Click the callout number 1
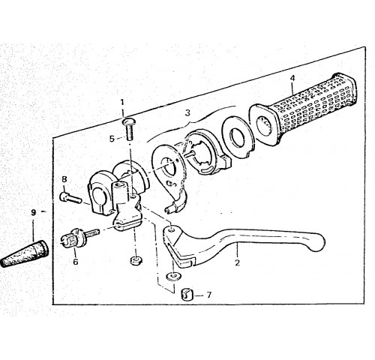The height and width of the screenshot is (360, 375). pos(122,102)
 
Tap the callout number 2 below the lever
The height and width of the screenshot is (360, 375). pos(237,262)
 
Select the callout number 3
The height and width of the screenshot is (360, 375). pos(187,113)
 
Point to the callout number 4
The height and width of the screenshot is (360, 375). pos(292,78)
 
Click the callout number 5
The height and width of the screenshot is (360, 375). pos(112,139)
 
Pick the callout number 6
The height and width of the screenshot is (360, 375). pos(76,262)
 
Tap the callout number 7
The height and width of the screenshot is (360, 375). pos(209,295)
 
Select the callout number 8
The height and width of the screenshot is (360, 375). pos(64,179)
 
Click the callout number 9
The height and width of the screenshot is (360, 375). pos(33,212)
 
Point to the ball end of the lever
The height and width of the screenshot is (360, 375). pos(316,242)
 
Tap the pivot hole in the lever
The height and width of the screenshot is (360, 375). pos(171,229)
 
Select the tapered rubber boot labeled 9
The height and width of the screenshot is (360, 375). pos(25,253)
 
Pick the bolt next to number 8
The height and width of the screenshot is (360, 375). pos(70,197)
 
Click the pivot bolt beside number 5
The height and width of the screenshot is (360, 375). pos(128,129)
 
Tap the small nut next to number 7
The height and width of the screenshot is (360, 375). pos(187,295)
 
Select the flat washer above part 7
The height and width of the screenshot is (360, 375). pos(174,277)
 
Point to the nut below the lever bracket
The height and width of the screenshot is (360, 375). pos(136,261)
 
